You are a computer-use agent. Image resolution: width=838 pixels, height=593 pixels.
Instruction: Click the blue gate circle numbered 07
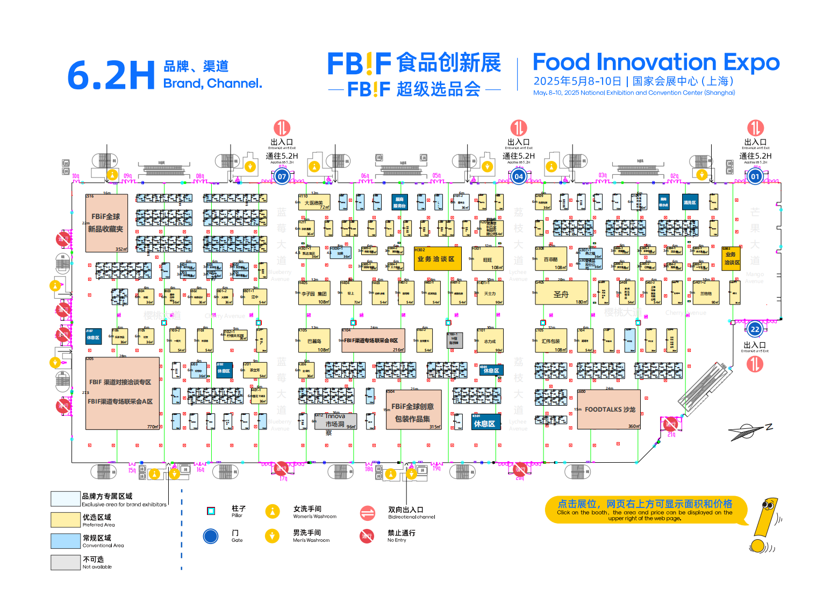(x=282, y=176)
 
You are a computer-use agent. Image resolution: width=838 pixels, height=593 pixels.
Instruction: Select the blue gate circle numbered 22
(x=755, y=329)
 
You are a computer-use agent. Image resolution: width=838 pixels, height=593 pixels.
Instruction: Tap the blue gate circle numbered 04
(x=518, y=176)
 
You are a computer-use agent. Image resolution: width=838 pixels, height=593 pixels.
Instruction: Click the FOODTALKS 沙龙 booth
(x=609, y=410)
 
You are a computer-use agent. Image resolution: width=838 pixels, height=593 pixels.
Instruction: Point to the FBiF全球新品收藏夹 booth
(x=106, y=223)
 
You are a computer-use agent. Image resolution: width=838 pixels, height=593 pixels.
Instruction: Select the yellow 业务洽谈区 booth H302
(x=437, y=259)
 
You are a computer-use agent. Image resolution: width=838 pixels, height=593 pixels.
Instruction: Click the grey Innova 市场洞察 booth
(x=335, y=421)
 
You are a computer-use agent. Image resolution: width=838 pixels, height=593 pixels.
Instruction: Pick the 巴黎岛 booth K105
(x=314, y=341)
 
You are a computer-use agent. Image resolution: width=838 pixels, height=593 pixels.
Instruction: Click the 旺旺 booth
(x=488, y=259)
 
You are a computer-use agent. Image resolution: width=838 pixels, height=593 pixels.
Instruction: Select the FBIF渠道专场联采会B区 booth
(x=373, y=341)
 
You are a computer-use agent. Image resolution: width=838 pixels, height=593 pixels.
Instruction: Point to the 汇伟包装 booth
(x=550, y=341)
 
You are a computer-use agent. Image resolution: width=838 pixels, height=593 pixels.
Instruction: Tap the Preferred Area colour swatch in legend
(x=66, y=520)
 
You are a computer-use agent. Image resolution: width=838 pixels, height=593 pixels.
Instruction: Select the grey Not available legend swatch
(x=66, y=562)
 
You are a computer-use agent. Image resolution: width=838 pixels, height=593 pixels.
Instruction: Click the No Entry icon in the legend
(x=367, y=536)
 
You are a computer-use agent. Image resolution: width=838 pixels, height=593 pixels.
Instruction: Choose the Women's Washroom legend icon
(x=273, y=512)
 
